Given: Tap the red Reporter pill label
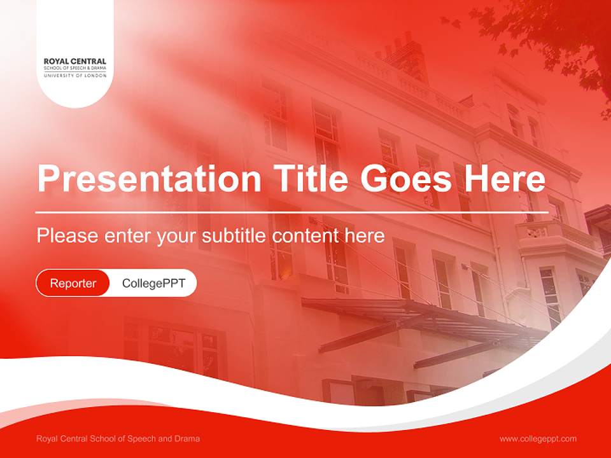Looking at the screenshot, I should tap(73, 283).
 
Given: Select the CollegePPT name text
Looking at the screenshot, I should tap(153, 283).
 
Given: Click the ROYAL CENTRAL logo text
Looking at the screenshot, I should tap(75, 62).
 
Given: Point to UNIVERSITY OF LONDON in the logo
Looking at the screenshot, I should tap(75, 76).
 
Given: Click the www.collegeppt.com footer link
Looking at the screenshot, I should tap(538, 439).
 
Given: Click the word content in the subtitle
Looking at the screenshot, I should tap(307, 235).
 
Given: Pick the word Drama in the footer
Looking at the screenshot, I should tap(187, 439).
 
